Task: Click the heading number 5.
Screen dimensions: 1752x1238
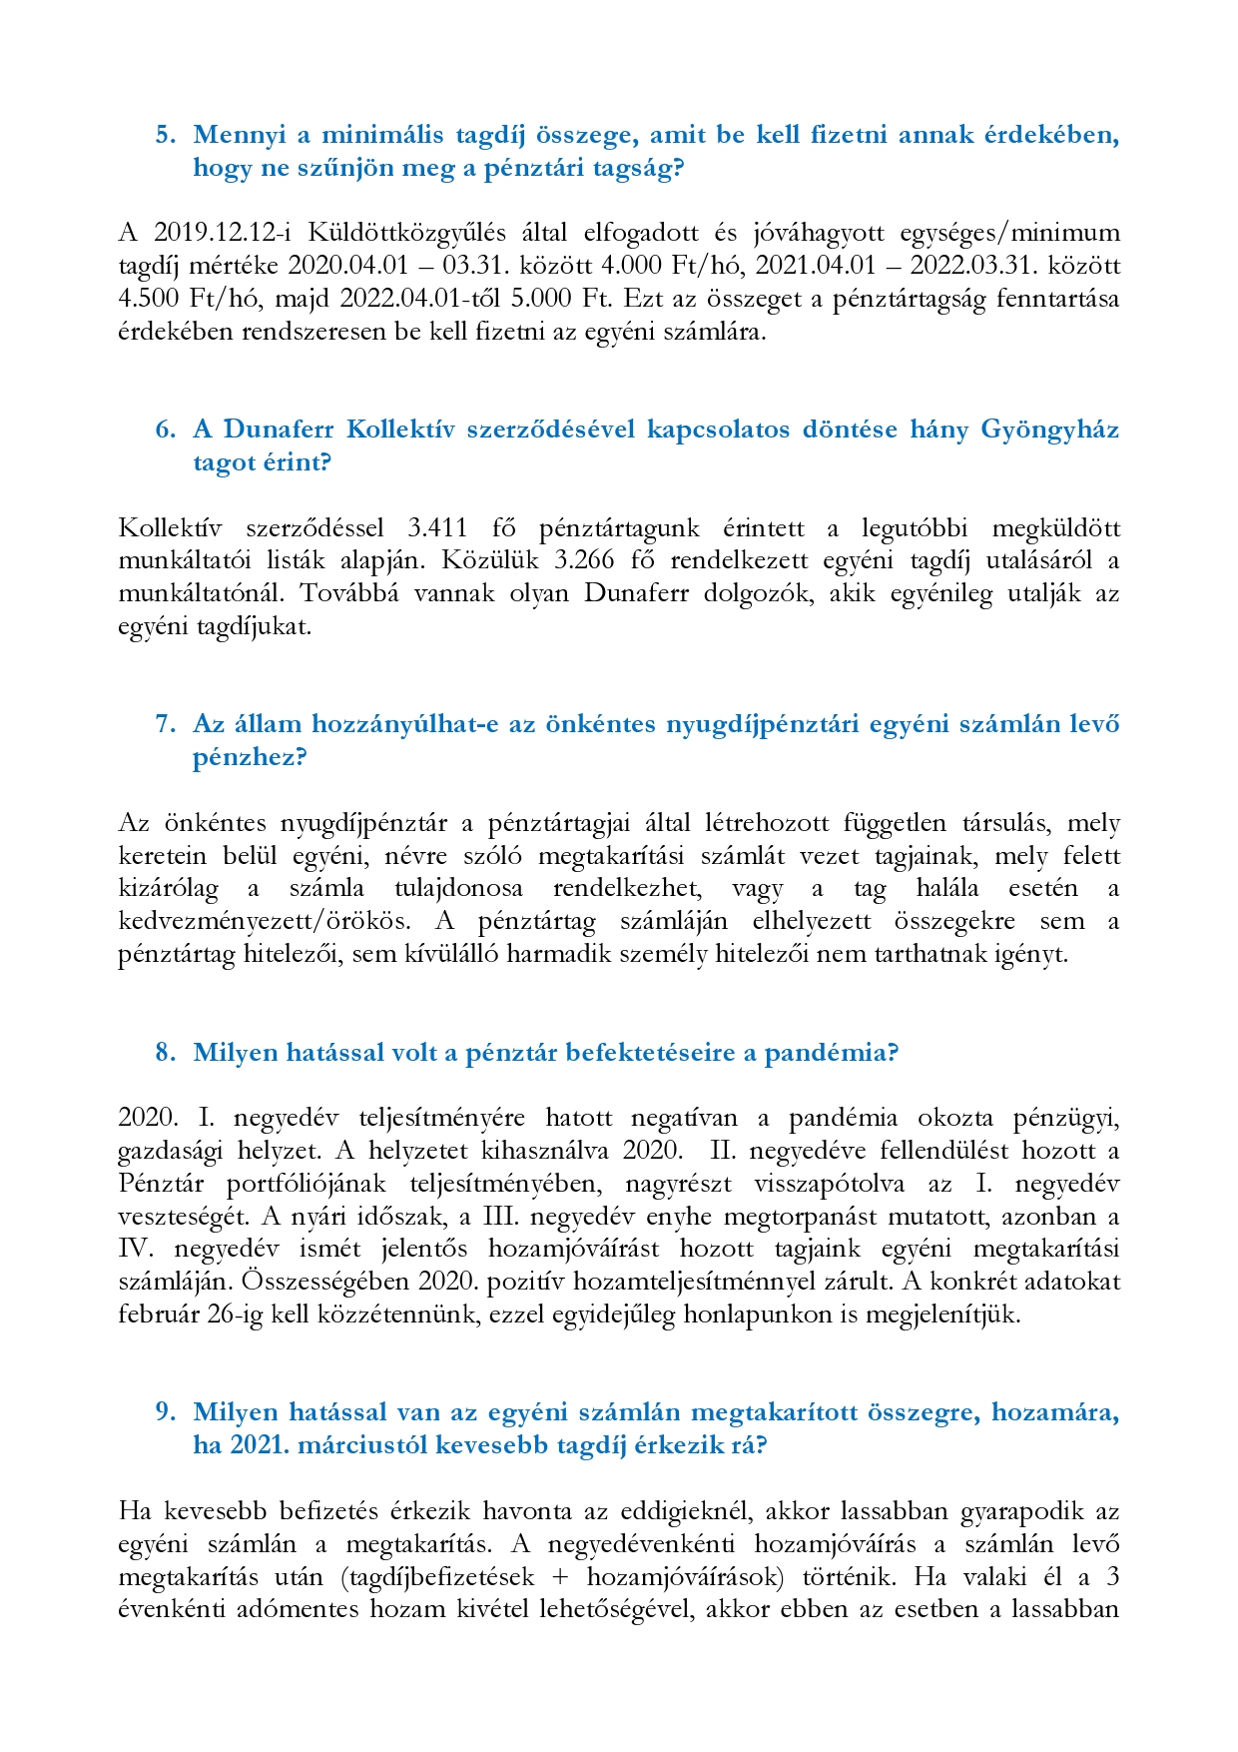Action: [x=166, y=135]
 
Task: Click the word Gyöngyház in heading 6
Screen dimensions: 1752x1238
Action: [x=1049, y=430]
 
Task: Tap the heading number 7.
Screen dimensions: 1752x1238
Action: [x=166, y=724]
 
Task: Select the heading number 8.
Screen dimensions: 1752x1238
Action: [x=166, y=1053]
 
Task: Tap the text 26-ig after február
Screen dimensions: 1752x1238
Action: [x=234, y=1314]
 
